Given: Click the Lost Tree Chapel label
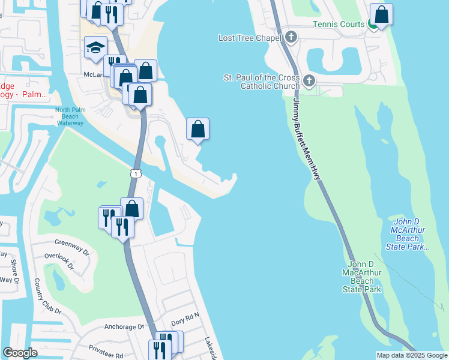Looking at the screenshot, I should (x=250, y=38).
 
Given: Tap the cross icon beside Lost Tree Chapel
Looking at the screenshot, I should (x=291, y=38).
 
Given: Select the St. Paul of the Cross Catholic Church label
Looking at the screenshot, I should (x=262, y=82).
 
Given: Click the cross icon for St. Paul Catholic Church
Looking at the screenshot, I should (x=309, y=81).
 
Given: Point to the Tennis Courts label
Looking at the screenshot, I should (x=339, y=24).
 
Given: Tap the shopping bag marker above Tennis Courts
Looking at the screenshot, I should (x=381, y=14).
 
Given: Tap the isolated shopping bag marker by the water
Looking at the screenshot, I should (x=197, y=128).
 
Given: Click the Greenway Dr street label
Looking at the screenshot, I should (x=71, y=243).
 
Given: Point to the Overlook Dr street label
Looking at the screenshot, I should (x=59, y=260).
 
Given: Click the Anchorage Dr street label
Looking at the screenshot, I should (x=124, y=327).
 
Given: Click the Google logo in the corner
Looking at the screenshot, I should (x=20, y=353).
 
